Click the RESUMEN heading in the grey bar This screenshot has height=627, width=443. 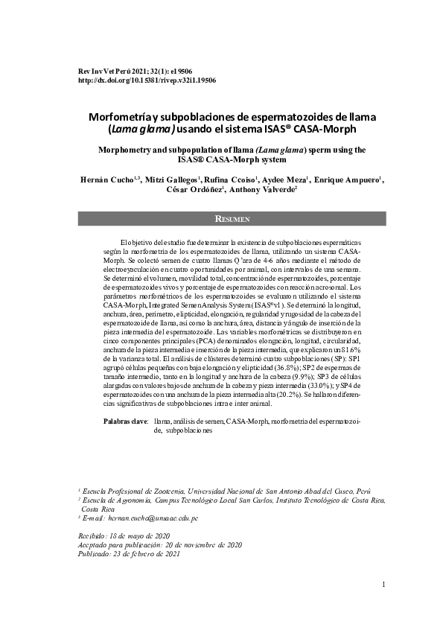[x=232, y=219]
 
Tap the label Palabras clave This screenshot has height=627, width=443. [x=125, y=421]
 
